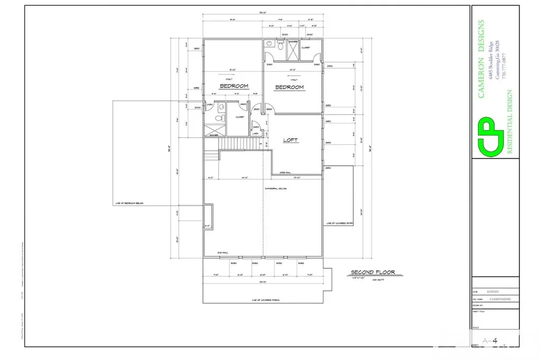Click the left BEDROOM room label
pos(234,86)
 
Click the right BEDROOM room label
pos(289,87)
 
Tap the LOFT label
pos(291,140)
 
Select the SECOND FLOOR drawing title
pos(373,273)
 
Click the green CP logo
pos(490,136)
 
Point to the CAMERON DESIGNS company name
pos(481,59)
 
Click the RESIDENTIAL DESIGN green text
pos(510,121)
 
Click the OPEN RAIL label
pos(286,172)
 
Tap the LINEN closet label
pos(256,134)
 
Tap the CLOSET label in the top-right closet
pos(306,48)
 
